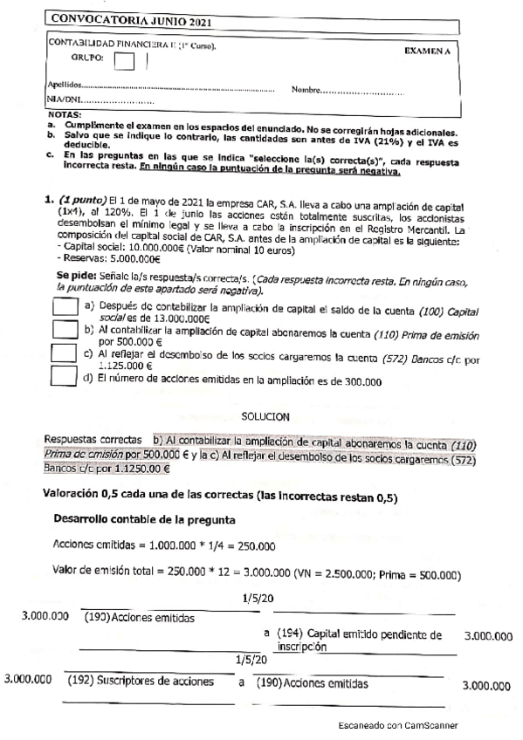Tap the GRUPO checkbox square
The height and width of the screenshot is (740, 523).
click(x=125, y=61)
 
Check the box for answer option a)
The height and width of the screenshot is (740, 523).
click(x=62, y=309)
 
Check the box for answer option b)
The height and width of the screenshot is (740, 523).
click(x=62, y=331)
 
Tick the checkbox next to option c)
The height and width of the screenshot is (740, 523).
click(x=62, y=353)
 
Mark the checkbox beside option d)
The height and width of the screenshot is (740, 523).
click(x=62, y=375)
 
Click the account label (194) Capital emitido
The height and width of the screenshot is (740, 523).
click(x=357, y=635)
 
